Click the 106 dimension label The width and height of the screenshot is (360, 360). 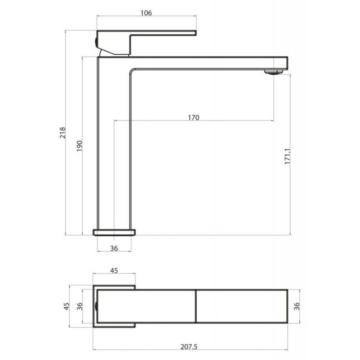click(146, 13)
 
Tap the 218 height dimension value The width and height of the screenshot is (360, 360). click(63, 133)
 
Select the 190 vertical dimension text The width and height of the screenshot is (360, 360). click(79, 146)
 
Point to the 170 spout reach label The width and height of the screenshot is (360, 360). click(194, 117)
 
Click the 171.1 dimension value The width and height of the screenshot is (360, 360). click(288, 157)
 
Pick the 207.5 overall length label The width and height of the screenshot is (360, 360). click(189, 346)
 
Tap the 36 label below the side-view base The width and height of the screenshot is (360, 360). click(114, 248)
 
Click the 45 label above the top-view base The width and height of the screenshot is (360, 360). click(114, 271)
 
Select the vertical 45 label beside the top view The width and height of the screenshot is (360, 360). click(66, 306)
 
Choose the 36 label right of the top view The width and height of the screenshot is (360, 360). click(297, 306)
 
